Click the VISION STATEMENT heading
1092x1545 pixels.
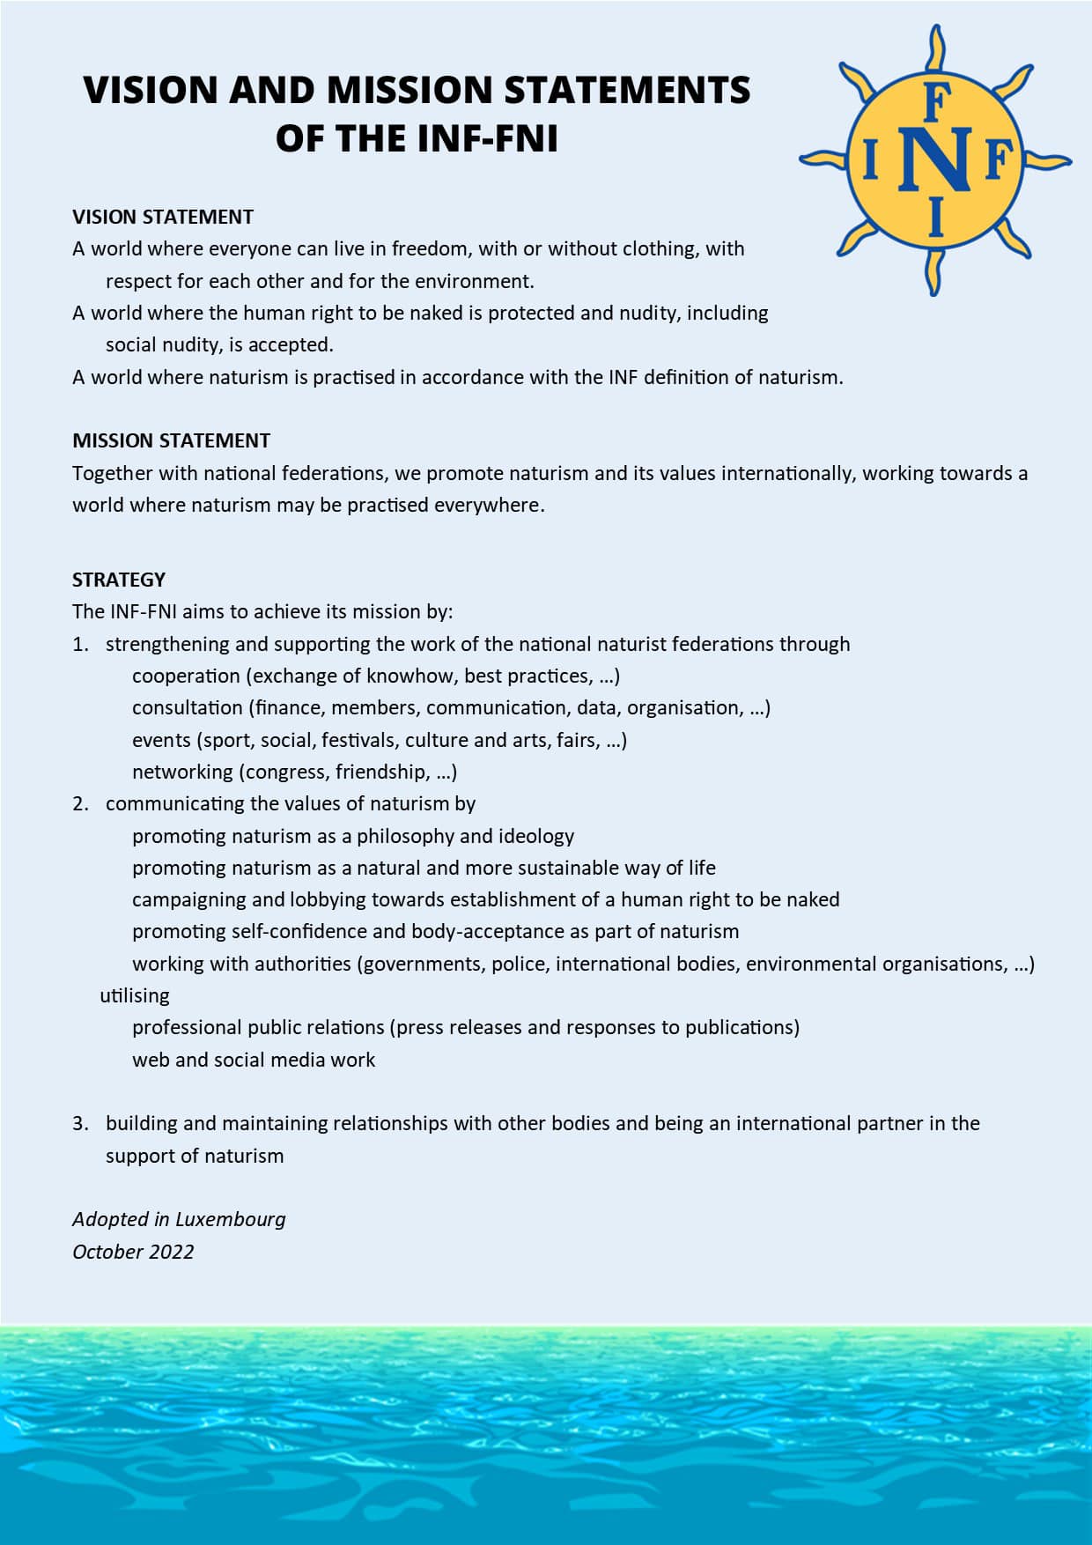coord(163,217)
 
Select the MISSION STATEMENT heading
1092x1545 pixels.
coord(171,440)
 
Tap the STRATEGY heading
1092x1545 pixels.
coord(119,580)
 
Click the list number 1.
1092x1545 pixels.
coord(79,644)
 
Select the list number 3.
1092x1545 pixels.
coord(80,1123)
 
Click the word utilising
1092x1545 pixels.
coord(135,995)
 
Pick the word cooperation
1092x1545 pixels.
coord(186,676)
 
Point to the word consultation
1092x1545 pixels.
coord(187,707)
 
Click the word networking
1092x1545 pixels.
coord(182,772)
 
